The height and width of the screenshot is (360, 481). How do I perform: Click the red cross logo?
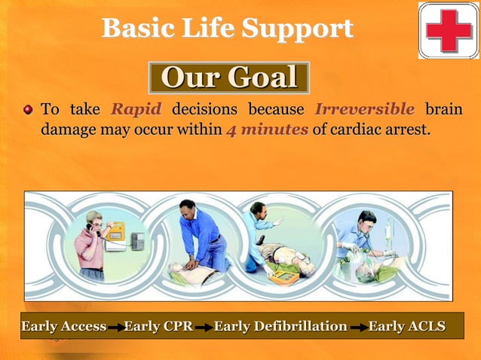tap(449, 30)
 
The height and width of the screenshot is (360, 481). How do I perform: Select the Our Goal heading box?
tap(228, 78)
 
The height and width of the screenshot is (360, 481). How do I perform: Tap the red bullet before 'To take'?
tap(29, 111)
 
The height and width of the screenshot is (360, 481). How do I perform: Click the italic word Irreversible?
tap(364, 109)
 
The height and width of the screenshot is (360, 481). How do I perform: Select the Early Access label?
tap(64, 326)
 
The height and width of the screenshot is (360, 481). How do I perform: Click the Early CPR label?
tap(158, 326)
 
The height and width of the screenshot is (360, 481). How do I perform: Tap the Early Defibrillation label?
tap(280, 326)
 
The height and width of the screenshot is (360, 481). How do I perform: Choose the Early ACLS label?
tap(407, 326)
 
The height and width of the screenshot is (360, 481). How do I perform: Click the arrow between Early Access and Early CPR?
tap(115, 328)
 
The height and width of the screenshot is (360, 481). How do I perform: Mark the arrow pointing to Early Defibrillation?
tap(203, 328)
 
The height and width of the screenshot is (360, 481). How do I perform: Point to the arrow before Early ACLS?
tap(357, 328)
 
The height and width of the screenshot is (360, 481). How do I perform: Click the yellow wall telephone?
tap(115, 231)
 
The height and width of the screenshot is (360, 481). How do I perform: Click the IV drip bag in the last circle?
tap(389, 227)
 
